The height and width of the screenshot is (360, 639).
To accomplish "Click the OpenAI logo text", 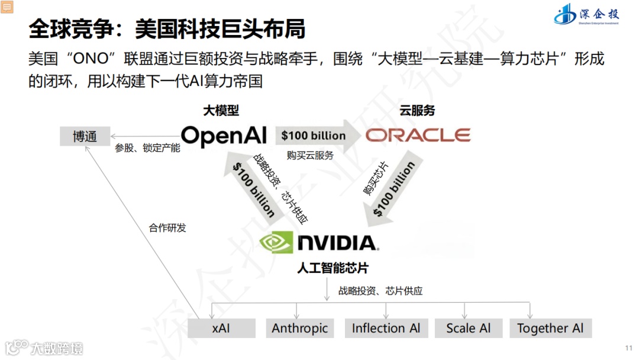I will click(x=224, y=136).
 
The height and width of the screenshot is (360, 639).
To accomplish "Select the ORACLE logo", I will click(x=418, y=136).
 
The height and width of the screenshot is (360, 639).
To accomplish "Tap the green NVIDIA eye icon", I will click(x=276, y=242).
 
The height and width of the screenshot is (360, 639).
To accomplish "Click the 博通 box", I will click(x=85, y=136).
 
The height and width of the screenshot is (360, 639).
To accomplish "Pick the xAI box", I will click(x=221, y=328).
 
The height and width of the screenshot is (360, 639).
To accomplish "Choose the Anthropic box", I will click(x=300, y=328).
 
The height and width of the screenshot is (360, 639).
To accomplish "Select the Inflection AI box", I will click(x=386, y=328).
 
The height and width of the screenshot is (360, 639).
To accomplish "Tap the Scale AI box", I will click(x=469, y=328).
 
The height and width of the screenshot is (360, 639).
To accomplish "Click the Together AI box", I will click(x=550, y=328).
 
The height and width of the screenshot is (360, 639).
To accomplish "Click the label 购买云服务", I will click(x=310, y=155).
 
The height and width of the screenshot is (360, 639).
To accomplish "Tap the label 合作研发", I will click(x=167, y=227).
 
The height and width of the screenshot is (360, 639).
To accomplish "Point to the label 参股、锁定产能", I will click(x=147, y=148).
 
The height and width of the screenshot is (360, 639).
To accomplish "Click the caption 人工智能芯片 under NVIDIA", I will click(x=333, y=268).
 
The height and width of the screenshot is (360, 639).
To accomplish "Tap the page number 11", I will click(x=628, y=347).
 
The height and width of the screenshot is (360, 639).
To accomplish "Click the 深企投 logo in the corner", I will click(x=586, y=14).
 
